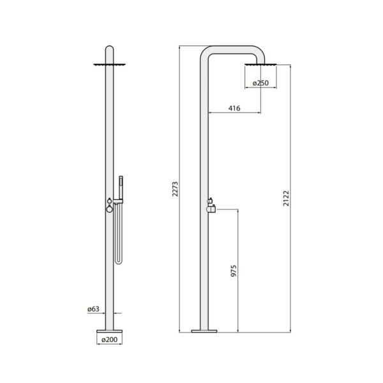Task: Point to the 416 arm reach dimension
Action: pyautogui.click(x=234, y=109)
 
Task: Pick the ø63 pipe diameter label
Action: pyautogui.click(x=94, y=310)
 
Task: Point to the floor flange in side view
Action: pyautogui.click(x=205, y=331)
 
